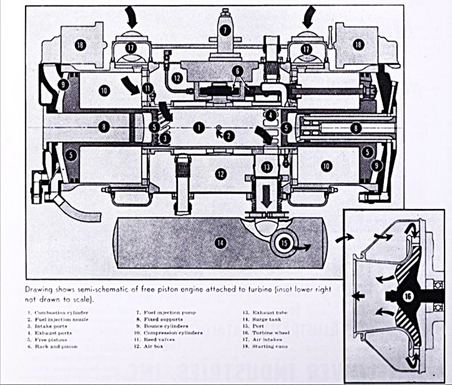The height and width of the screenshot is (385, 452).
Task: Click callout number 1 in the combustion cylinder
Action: coord(199,128)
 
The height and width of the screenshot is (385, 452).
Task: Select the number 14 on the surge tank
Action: coord(219,242)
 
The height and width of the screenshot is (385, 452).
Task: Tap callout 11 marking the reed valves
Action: coord(148,88)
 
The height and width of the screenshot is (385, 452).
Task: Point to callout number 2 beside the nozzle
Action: coord(229,136)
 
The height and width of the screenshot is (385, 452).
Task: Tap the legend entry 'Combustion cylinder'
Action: coord(61,312)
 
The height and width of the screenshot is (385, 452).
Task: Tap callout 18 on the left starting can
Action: coord(80,45)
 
